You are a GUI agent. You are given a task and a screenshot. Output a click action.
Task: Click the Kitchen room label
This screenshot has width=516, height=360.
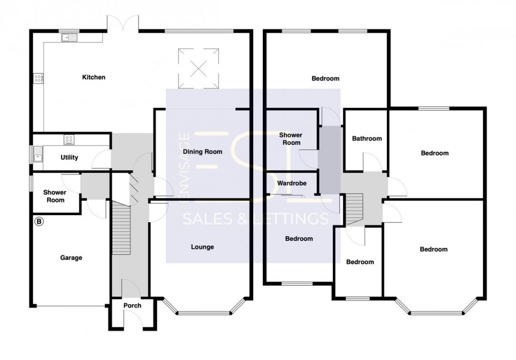[x=94, y=77]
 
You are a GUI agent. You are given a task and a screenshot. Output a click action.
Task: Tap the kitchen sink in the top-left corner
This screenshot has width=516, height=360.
[x=69, y=37]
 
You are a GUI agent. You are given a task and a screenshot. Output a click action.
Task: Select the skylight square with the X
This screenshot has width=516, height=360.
[x=198, y=68]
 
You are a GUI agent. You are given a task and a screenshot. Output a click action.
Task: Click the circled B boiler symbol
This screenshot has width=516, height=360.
[x=38, y=222]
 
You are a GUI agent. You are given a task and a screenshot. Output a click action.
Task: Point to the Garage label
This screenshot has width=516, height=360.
[x=71, y=258]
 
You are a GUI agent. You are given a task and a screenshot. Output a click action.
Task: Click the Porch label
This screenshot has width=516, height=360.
[x=132, y=306]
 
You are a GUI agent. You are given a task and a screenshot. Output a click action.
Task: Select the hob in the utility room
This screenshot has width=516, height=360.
[x=69, y=139]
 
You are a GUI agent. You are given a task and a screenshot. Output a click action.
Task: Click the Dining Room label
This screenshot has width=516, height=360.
[x=202, y=152]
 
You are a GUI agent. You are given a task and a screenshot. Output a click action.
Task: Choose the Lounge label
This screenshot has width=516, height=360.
[x=202, y=247]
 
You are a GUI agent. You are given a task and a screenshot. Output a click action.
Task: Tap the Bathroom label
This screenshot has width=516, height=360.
[x=366, y=139]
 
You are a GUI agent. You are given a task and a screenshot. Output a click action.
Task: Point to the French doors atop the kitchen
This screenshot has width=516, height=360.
[x=124, y=22]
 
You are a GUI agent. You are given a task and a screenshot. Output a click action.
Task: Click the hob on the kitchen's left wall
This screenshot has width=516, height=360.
[x=38, y=78]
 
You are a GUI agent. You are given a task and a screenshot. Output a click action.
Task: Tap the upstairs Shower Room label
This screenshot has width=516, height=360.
[x=290, y=139]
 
